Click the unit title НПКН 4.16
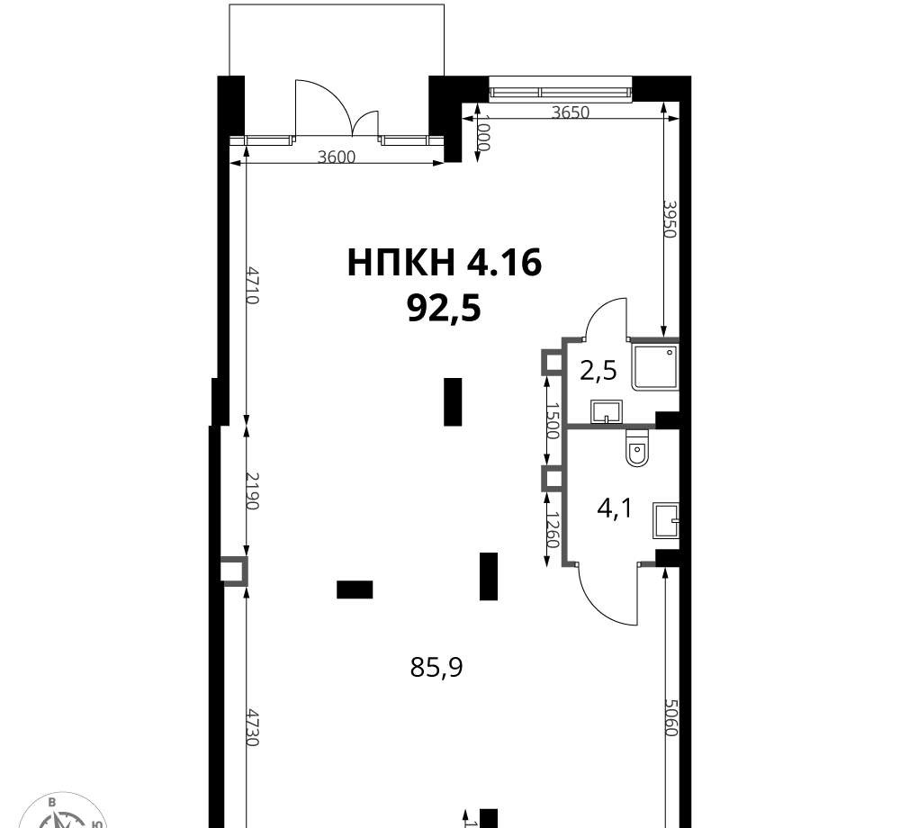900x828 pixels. [x=445, y=264]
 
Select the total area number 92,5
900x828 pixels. [x=444, y=310]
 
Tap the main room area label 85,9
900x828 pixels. [x=436, y=667]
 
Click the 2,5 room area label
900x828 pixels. [x=598, y=372]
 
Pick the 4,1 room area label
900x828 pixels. [x=614, y=508]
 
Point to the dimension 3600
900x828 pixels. [x=337, y=157]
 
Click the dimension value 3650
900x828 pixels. [x=571, y=112]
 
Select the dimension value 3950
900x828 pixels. [x=670, y=219]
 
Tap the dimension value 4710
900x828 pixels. [x=253, y=284]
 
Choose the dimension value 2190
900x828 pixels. [x=253, y=490]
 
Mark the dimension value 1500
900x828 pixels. [x=553, y=420]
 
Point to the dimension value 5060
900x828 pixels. [x=671, y=717]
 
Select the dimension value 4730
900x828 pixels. [x=253, y=727]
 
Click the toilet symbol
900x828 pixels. [x=637, y=448]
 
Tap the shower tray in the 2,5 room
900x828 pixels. [x=655, y=368]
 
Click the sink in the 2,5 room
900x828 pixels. [x=606, y=412]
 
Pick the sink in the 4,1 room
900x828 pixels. [x=666, y=521]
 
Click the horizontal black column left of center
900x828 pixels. [x=355, y=589]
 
